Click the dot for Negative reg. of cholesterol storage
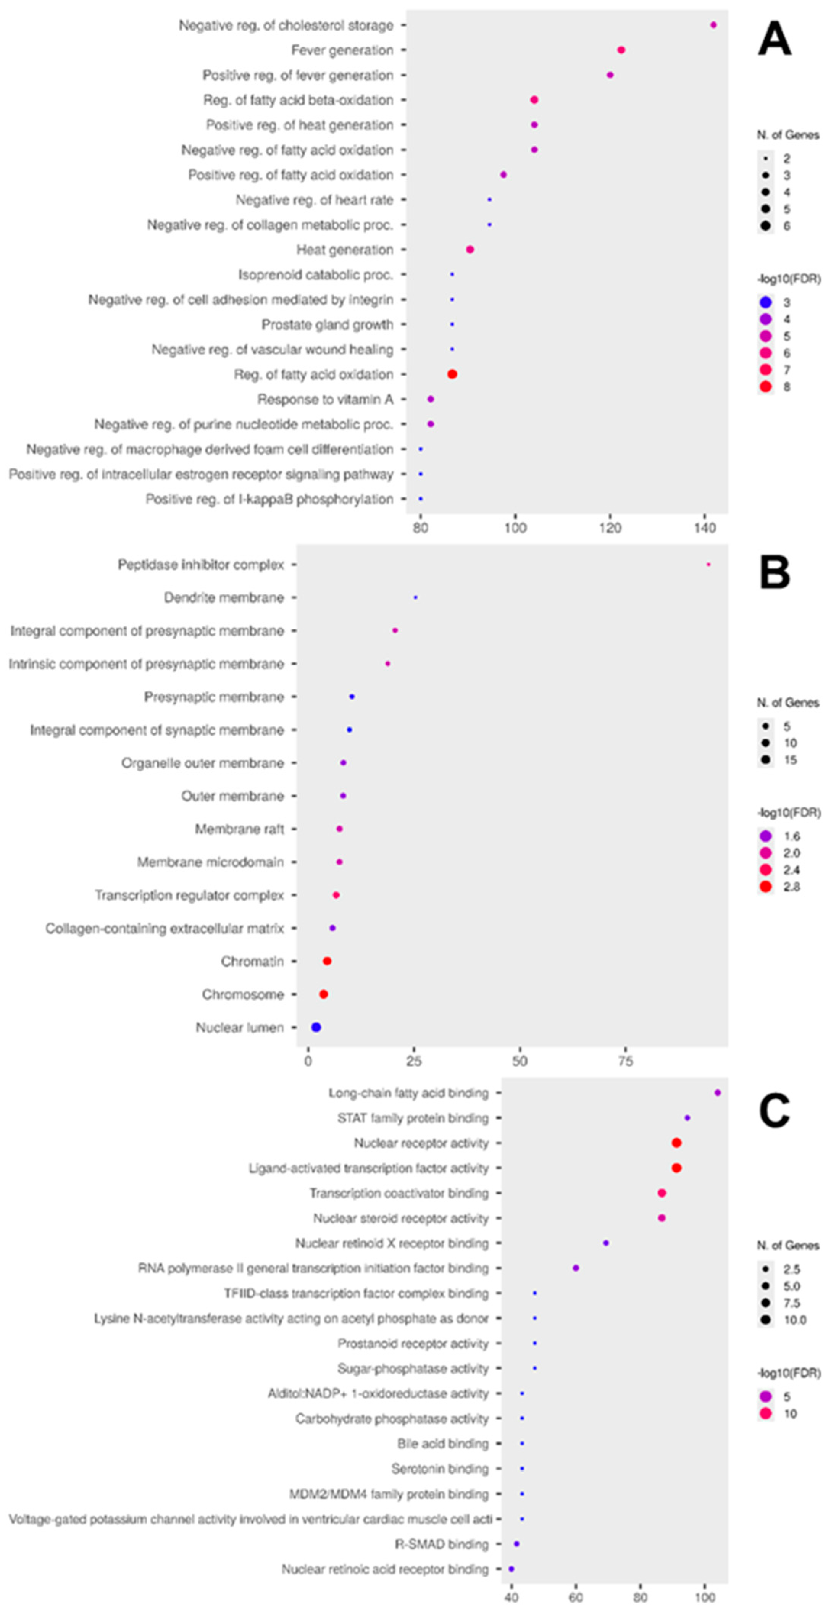point(713,25)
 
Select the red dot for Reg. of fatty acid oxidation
point(452,374)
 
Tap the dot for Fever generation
point(621,50)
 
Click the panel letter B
point(775,573)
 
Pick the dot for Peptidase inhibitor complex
point(708,565)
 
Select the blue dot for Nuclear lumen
point(316,1027)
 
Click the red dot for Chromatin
point(326,960)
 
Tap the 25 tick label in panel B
point(414,1061)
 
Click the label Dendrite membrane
point(224,598)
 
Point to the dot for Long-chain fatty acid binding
point(718,1093)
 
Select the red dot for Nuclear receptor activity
point(676,1143)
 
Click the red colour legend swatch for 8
point(765,387)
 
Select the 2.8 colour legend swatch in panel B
point(765,886)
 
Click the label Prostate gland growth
point(327,324)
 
